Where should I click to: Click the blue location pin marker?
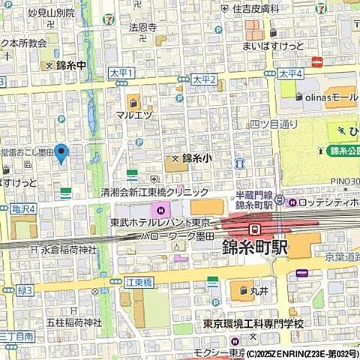(62, 153)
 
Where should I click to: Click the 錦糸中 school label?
(72, 65)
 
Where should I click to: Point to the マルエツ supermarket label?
(134, 115)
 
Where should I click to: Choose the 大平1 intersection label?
(120, 73)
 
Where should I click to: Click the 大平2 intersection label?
(203, 79)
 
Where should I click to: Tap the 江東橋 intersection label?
(118, 281)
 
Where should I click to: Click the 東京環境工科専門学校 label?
(253, 323)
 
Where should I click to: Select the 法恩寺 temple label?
(142, 28)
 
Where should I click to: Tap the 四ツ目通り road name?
(274, 124)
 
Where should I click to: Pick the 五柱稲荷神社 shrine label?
(73, 322)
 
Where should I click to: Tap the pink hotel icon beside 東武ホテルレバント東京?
(158, 207)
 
